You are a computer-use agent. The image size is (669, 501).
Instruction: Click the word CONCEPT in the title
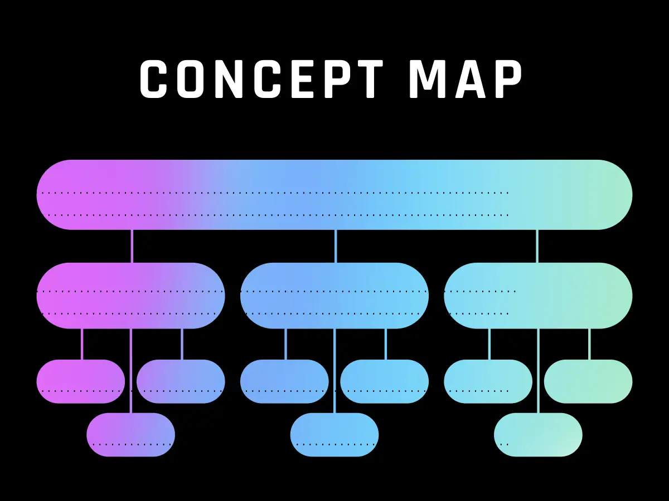click(x=261, y=79)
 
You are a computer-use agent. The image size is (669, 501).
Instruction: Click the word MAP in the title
click(x=466, y=79)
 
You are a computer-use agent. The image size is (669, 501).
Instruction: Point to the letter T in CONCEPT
click(x=367, y=79)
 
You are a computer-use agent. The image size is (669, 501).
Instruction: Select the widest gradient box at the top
click(x=334, y=195)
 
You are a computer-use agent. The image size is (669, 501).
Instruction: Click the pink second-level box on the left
click(x=131, y=296)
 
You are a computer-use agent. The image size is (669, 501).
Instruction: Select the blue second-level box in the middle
click(x=334, y=296)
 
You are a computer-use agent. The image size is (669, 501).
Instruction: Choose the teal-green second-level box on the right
click(x=538, y=296)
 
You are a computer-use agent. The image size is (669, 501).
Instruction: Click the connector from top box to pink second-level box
click(x=132, y=246)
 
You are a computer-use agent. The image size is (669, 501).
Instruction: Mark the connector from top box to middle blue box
click(x=336, y=246)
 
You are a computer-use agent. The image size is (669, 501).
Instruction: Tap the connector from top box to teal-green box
click(x=537, y=246)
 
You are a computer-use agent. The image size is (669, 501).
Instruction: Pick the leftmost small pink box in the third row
click(x=81, y=381)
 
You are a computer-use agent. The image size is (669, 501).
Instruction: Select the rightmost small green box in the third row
click(x=588, y=381)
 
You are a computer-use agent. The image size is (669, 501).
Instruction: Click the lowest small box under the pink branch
click(x=131, y=435)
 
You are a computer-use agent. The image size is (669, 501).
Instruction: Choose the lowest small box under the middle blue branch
click(x=334, y=435)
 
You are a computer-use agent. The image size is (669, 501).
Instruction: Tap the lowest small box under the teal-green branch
click(x=538, y=435)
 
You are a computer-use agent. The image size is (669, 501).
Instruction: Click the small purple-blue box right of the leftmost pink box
click(x=181, y=381)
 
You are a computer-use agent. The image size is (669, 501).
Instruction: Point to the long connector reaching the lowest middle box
click(x=334, y=371)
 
